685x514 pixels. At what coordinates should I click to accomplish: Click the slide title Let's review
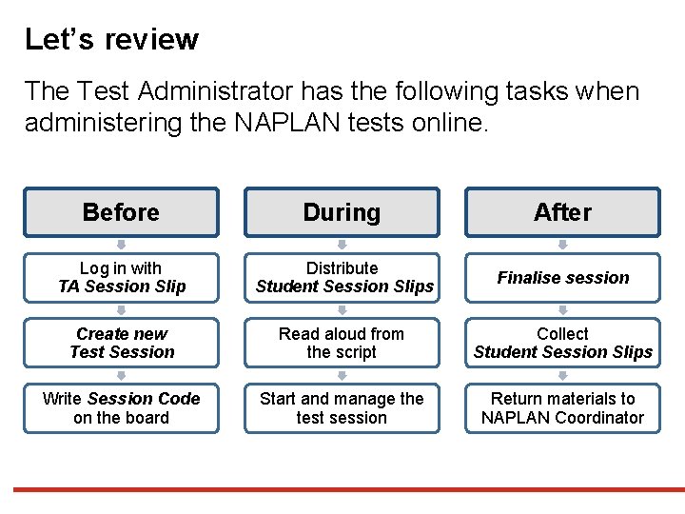[111, 40]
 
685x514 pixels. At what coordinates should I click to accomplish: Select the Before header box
[121, 212]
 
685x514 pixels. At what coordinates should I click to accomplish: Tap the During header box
[342, 212]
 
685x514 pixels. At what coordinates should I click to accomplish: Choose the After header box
[562, 212]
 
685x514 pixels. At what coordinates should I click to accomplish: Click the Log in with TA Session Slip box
[121, 277]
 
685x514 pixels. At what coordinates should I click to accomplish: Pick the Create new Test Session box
[121, 343]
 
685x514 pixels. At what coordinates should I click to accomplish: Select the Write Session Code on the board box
[121, 408]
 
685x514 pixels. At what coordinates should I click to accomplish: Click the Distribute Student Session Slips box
[342, 277]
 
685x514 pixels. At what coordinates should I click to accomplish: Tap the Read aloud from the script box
[342, 343]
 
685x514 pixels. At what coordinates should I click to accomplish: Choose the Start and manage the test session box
[342, 408]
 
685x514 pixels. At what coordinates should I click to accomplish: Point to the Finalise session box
[562, 277]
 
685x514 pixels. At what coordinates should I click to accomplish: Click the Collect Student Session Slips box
[562, 343]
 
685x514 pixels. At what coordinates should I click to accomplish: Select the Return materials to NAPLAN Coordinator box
[562, 408]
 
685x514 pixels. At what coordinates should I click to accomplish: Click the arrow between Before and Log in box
[122, 245]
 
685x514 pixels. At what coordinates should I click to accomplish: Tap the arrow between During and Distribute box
[342, 245]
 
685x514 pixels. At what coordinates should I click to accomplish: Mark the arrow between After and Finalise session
[563, 245]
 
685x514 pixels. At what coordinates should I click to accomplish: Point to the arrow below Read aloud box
[342, 375]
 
